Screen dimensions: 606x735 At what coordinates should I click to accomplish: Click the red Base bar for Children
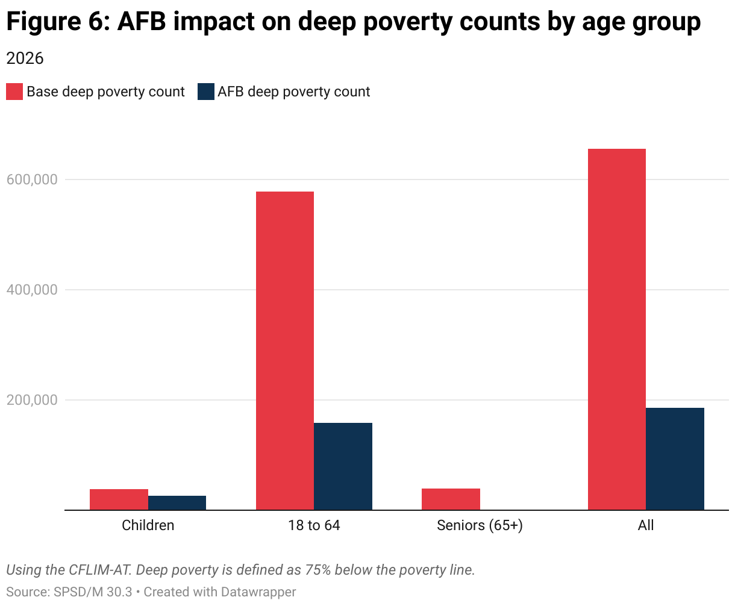[119, 499]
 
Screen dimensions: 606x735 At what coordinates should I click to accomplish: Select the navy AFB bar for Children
[177, 503]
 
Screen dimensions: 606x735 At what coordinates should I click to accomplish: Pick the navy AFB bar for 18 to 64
[343, 466]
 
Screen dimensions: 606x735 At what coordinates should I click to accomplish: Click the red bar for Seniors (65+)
[451, 499]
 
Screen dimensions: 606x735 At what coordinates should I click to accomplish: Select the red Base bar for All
[617, 330]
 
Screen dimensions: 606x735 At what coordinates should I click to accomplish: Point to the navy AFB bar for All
[675, 459]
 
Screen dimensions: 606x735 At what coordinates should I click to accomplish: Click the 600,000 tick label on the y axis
[32, 180]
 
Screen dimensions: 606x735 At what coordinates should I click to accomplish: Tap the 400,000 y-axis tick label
[32, 290]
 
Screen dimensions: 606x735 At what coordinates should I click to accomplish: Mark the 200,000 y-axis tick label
[32, 400]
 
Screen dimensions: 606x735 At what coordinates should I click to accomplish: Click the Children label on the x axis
[148, 525]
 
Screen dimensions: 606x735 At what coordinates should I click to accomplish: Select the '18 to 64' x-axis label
[314, 525]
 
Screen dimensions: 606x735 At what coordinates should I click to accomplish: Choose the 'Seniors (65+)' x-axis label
[480, 525]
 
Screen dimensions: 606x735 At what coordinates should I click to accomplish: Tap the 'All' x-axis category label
[646, 525]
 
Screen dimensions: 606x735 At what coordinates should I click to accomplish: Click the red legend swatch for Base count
[14, 92]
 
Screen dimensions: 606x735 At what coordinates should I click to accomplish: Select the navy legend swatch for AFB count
[206, 92]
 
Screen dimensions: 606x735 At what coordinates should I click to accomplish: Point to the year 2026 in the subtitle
[25, 58]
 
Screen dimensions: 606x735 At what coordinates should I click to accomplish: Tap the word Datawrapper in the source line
[258, 592]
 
